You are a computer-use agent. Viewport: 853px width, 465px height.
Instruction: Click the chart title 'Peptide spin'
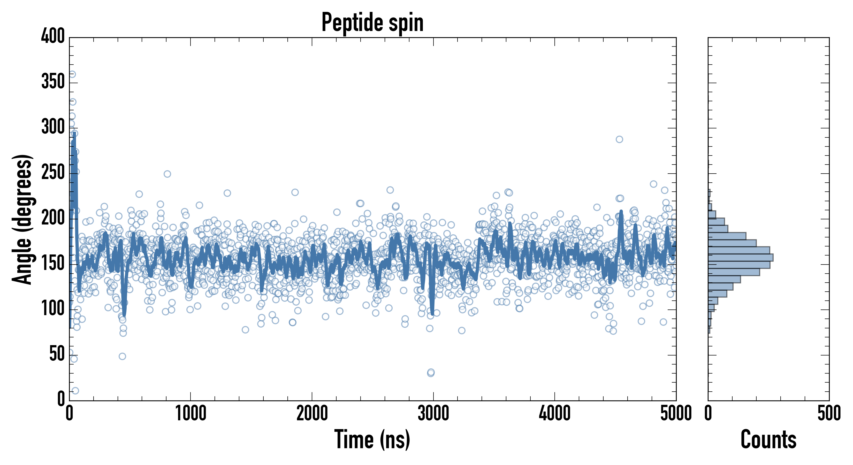pyautogui.click(x=372, y=22)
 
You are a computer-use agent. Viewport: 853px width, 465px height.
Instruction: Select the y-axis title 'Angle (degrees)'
pyautogui.click(x=22, y=219)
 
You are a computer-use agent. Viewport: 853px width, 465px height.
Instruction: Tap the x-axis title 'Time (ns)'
pyautogui.click(x=372, y=439)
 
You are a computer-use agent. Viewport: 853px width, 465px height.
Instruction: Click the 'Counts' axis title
pyautogui.click(x=768, y=439)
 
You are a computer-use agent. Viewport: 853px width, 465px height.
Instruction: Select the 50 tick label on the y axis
pyautogui.click(x=57, y=354)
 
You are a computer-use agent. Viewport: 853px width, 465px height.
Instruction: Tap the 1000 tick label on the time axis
pyautogui.click(x=191, y=413)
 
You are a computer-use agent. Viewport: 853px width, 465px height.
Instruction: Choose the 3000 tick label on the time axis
pyautogui.click(x=433, y=413)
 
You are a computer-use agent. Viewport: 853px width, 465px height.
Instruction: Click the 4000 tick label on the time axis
pyautogui.click(x=555, y=413)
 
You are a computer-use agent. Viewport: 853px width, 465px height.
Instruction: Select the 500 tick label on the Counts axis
pyautogui.click(x=829, y=413)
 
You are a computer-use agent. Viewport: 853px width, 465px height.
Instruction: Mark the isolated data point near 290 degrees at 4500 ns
pyautogui.click(x=619, y=139)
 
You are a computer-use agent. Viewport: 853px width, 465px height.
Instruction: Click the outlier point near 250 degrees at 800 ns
pyautogui.click(x=167, y=174)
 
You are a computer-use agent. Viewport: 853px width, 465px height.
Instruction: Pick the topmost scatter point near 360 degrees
pyautogui.click(x=72, y=74)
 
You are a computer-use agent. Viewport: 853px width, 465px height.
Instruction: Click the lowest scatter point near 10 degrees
pyautogui.click(x=75, y=391)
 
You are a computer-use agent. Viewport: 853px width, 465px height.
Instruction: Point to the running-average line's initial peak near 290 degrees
pyautogui.click(x=74, y=134)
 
